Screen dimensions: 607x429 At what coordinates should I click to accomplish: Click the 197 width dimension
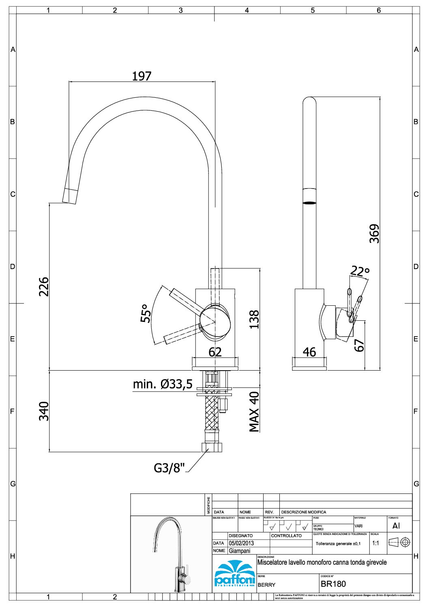142,76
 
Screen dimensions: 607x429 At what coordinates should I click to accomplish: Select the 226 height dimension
44,286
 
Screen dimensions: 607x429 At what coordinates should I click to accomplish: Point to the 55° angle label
146,313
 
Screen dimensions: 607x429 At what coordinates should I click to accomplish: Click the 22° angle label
360,271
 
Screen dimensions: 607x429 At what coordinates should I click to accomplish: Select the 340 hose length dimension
44,411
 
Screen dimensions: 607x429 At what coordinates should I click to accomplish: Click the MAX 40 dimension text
254,412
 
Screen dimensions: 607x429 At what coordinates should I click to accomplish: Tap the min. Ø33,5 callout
163,384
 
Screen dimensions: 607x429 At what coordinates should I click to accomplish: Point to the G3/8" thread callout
169,468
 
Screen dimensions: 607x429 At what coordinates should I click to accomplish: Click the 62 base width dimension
215,352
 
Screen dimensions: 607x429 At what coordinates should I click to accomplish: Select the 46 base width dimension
309,352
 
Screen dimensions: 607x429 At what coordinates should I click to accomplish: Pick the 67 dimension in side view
359,345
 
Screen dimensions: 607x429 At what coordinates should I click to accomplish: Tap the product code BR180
333,584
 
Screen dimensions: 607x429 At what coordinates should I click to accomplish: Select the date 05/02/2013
241,543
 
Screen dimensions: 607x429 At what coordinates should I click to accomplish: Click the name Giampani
240,551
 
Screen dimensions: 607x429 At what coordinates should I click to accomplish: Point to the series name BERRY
266,585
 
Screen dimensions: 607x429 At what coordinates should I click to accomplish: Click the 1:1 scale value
375,543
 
